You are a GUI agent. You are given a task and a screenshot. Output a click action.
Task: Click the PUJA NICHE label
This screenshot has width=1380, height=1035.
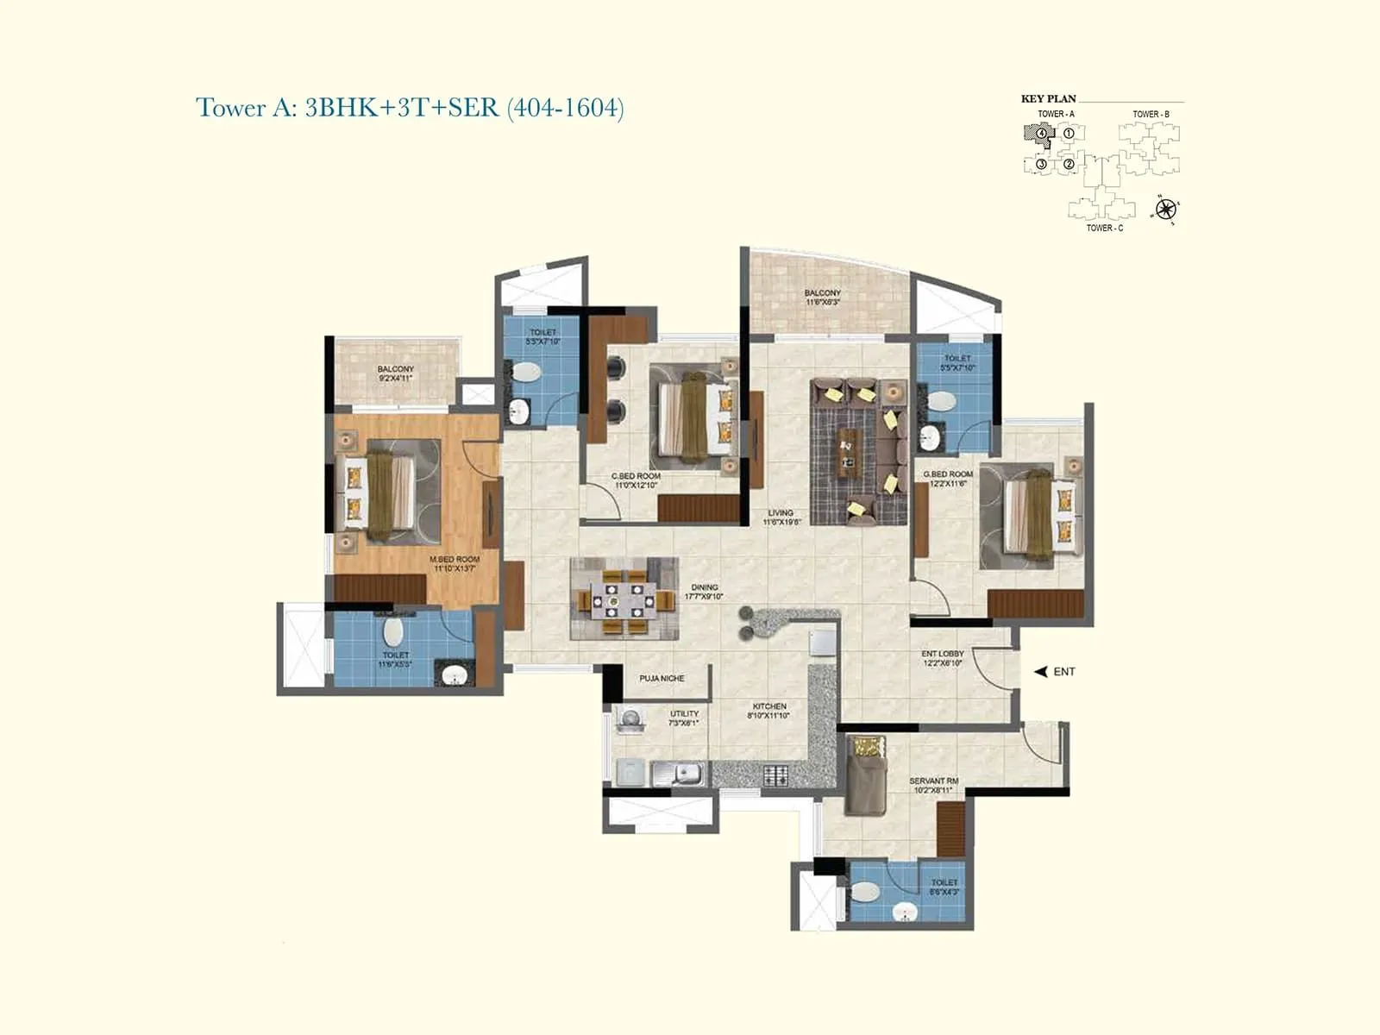click(x=662, y=679)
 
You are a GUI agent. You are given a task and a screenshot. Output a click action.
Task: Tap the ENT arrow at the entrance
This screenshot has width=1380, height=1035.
click(x=1041, y=672)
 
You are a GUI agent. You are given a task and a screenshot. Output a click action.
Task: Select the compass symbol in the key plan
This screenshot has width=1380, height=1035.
click(x=1165, y=210)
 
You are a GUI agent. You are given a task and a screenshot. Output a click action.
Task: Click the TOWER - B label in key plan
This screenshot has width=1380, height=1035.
click(x=1151, y=115)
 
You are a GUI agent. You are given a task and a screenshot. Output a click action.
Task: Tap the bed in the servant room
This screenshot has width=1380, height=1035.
click(x=865, y=774)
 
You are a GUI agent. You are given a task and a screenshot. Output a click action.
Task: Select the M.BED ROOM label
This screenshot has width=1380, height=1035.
click(x=455, y=560)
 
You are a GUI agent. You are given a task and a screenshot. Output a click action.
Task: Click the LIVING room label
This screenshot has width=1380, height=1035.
click(x=781, y=513)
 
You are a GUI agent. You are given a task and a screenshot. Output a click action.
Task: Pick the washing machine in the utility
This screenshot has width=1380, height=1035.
click(x=630, y=721)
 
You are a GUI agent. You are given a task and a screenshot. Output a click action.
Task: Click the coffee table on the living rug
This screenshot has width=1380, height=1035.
click(x=850, y=452)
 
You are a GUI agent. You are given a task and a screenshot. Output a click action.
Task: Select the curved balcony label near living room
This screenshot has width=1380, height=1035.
click(x=822, y=293)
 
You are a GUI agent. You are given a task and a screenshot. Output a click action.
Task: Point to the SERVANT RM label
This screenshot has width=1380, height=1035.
click(x=934, y=781)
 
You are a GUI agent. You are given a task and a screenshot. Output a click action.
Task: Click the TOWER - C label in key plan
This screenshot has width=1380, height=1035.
click(x=1104, y=229)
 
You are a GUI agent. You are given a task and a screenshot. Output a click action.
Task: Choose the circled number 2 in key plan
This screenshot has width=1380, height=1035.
click(x=1069, y=164)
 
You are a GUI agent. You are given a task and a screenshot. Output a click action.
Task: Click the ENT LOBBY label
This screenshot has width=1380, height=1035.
click(x=943, y=654)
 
